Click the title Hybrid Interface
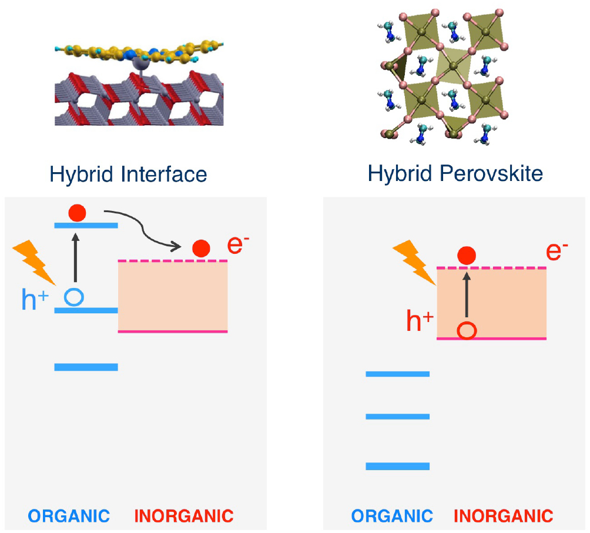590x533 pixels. (x=128, y=174)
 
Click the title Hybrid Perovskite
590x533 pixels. (x=455, y=174)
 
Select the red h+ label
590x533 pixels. (x=420, y=321)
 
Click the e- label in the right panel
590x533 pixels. (x=557, y=251)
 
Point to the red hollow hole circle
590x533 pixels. (x=467, y=330)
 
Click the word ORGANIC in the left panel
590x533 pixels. (x=69, y=517)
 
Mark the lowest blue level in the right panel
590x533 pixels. (x=397, y=466)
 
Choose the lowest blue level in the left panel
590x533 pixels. (x=86, y=367)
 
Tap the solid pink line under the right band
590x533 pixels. (x=491, y=338)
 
